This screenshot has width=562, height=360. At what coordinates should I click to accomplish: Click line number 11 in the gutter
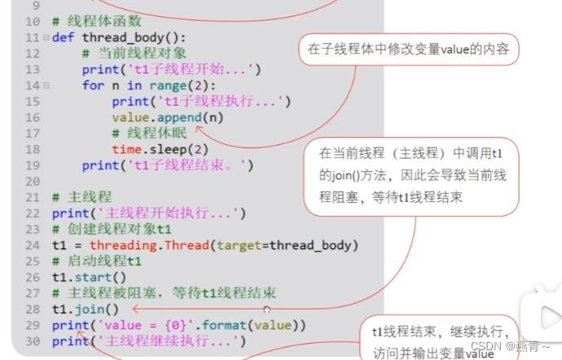click(x=33, y=37)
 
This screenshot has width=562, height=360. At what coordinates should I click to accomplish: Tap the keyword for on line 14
click(x=93, y=85)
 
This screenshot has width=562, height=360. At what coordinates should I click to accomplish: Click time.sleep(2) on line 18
click(x=160, y=149)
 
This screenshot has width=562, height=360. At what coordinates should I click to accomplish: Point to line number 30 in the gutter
click(x=33, y=341)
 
